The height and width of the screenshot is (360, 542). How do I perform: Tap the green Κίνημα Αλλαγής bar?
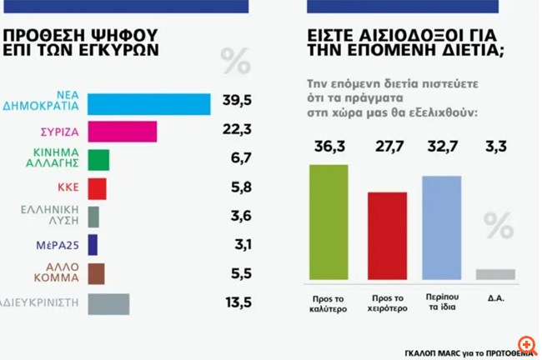98,160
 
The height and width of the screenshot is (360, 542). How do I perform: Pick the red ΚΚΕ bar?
97,188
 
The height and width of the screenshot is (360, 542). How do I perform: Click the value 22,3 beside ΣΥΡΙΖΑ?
238,131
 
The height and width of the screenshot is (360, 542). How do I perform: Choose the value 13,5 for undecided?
238,302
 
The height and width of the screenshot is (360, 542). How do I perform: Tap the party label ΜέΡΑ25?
57,245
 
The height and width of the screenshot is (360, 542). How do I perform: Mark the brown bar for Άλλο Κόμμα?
96,273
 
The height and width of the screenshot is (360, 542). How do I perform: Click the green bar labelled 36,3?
329,222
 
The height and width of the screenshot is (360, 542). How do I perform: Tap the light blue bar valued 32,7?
442,227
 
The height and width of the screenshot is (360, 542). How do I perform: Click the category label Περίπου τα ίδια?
442,301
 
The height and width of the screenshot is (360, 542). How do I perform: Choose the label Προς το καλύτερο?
329,301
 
